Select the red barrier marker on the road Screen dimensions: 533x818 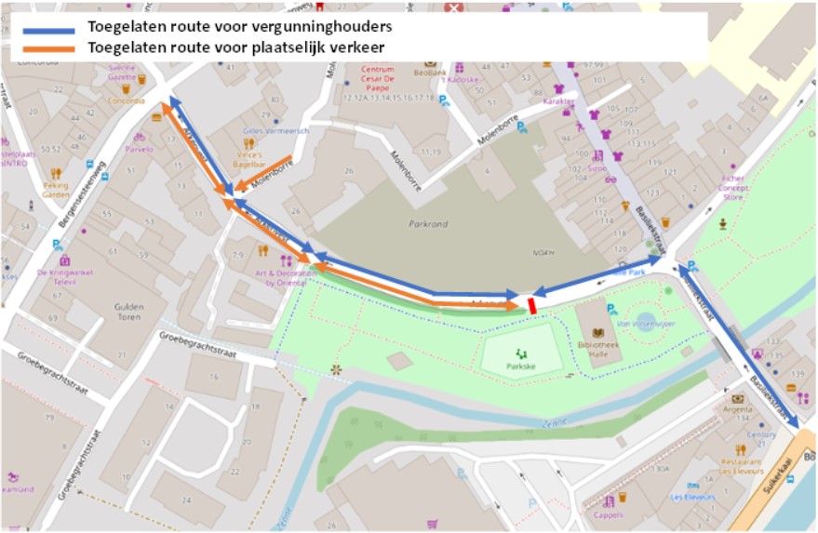(531, 305)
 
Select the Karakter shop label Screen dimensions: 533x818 (558, 100)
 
